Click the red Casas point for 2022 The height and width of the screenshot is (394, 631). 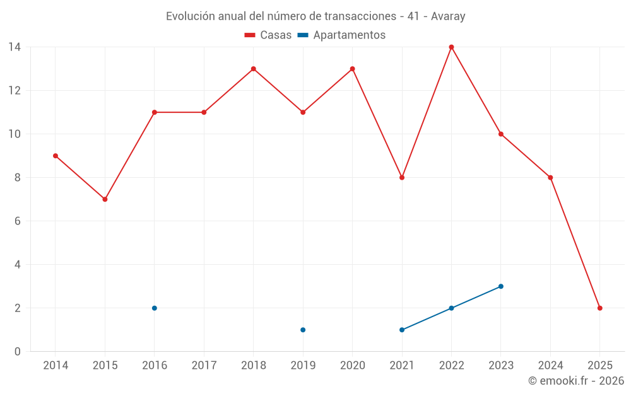451,47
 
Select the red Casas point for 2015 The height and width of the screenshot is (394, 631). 105,199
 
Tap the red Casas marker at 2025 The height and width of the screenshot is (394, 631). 599,308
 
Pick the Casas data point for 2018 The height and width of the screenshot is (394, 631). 253,69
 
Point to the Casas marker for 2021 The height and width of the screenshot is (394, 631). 402,178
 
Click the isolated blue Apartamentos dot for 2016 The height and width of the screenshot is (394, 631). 154,308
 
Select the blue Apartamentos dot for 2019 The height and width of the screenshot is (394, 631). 303,330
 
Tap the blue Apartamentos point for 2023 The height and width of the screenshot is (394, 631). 501,286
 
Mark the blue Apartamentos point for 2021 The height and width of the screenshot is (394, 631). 402,330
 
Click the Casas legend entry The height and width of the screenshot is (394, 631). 268,35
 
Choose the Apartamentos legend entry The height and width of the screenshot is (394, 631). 341,35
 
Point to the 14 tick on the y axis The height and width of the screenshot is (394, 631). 15,47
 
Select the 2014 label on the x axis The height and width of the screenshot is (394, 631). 56,366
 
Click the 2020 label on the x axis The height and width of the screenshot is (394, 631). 352,366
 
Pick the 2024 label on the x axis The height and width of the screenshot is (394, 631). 550,366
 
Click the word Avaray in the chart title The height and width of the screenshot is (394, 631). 448,16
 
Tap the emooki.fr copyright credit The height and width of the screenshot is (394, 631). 575,381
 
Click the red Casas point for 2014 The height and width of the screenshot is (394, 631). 56,156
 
